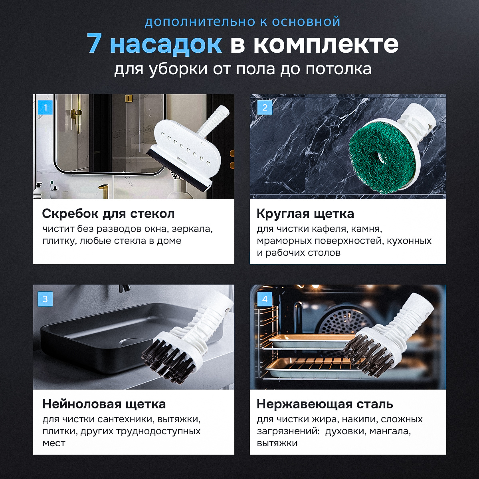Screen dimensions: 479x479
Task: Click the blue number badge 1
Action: point(45,107)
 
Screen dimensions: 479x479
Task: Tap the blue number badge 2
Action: point(265,107)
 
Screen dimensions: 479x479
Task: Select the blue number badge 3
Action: point(45,299)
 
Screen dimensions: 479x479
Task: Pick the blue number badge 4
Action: point(265,299)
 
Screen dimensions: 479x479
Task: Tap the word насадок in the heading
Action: point(166,45)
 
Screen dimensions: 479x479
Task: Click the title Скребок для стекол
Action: point(108,214)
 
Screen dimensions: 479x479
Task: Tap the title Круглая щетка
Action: point(305,214)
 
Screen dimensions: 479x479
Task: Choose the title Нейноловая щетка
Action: point(104,404)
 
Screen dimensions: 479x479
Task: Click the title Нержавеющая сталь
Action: point(325,404)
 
